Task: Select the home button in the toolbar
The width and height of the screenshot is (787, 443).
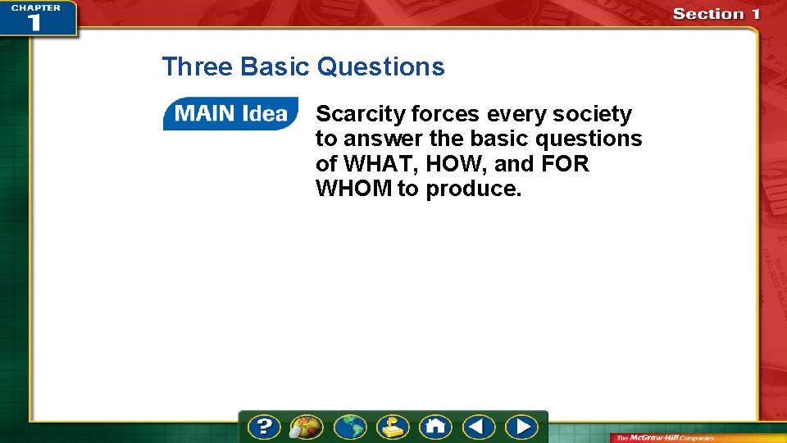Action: click(x=434, y=427)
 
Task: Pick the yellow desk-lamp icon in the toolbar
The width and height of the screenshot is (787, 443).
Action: click(x=392, y=427)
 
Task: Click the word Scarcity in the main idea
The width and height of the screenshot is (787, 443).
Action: click(x=361, y=114)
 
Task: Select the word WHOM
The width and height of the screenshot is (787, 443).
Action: click(x=353, y=189)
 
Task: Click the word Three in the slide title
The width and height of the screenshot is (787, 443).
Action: click(x=198, y=66)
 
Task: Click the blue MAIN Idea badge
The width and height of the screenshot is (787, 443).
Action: click(x=230, y=114)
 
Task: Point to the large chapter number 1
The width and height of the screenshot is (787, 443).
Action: click(x=33, y=21)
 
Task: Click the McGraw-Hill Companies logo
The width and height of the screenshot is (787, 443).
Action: click(x=666, y=437)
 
